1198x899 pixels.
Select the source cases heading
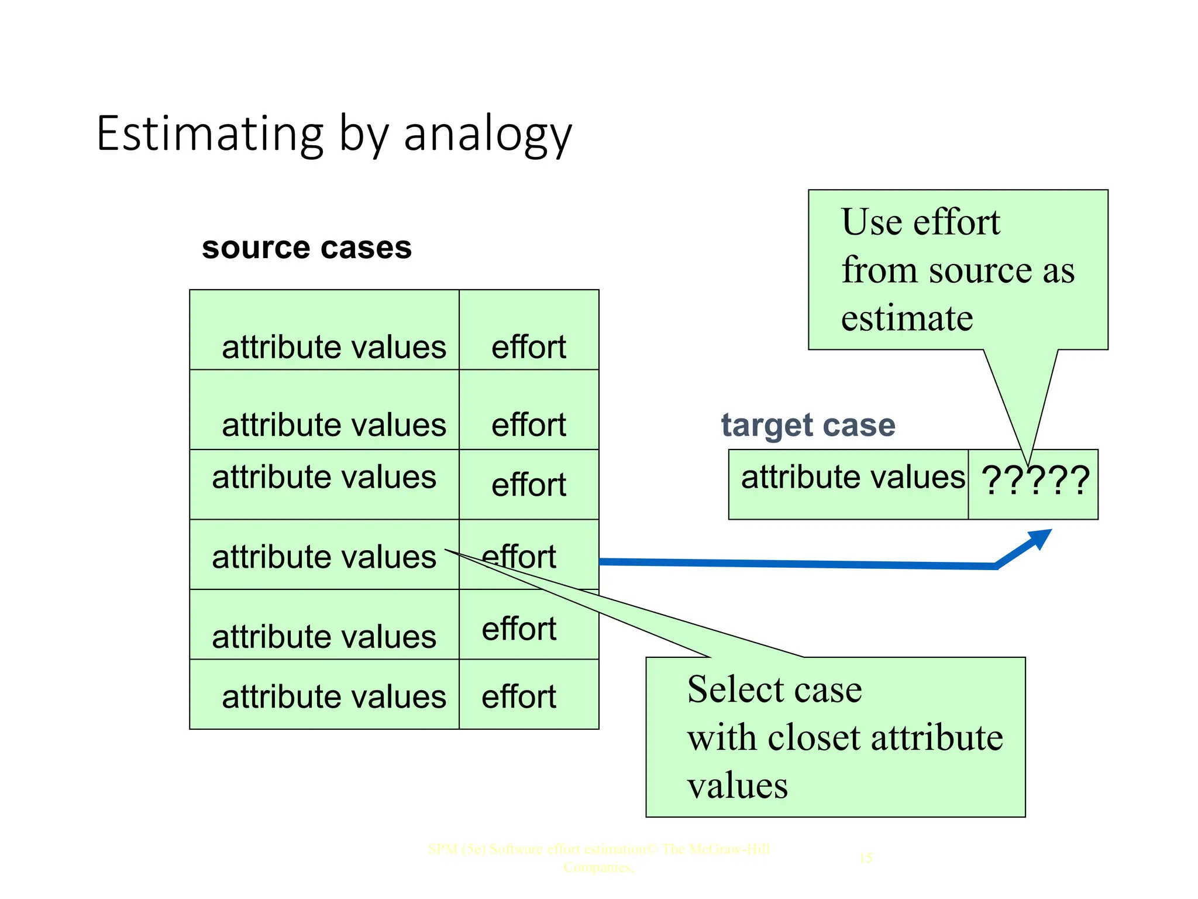307,248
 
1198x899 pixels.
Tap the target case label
808,426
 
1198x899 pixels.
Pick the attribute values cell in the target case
852,477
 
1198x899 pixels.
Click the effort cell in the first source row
528,347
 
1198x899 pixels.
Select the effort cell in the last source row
518,696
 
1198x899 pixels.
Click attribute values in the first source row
333,347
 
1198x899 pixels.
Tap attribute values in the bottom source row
333,696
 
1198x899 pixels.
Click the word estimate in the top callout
907,318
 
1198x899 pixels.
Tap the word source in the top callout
982,270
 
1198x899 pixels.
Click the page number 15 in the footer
866,858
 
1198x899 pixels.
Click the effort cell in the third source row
528,485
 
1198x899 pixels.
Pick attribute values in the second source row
333,425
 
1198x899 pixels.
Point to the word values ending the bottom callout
737,785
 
